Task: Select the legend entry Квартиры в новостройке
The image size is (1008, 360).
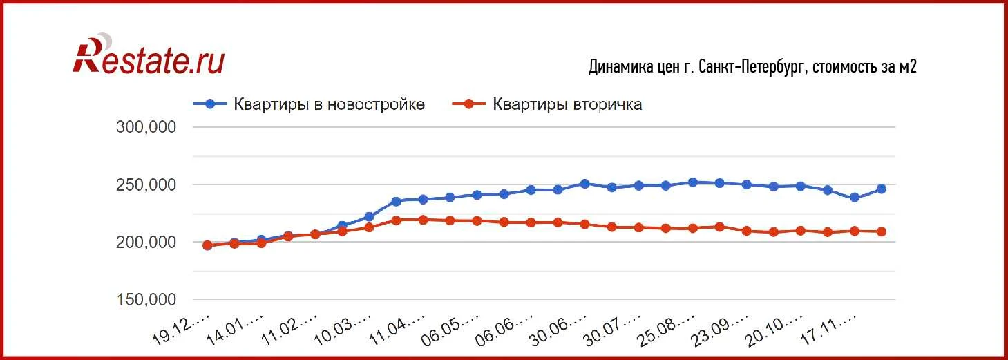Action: [329, 104]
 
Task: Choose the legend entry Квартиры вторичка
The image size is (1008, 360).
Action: [567, 104]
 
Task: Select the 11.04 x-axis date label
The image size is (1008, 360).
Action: [398, 330]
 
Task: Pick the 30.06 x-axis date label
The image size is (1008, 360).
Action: [561, 330]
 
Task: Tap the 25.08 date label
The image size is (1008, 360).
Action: [669, 330]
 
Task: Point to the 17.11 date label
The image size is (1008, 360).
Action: [830, 330]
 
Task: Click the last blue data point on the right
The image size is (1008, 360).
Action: [882, 189]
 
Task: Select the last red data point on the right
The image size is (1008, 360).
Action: [882, 231]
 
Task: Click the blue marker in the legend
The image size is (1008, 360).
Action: [211, 104]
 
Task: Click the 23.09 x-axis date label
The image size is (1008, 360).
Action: [723, 330]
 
